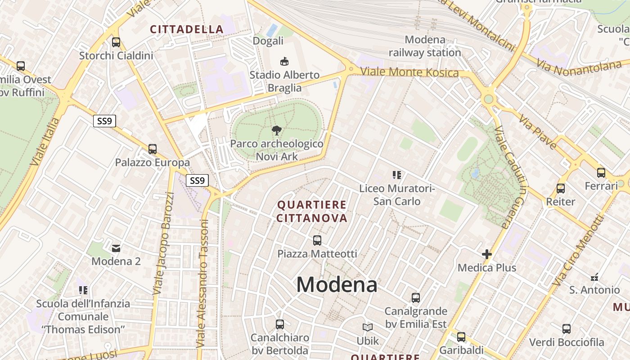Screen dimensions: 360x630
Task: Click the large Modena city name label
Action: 337,284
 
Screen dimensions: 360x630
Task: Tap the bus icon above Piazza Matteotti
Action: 317,240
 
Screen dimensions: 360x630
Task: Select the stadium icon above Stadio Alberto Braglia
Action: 284,61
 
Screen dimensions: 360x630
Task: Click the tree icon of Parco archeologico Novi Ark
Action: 277,130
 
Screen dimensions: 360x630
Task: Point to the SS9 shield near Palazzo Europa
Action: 105,121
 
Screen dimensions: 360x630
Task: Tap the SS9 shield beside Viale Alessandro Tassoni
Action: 197,180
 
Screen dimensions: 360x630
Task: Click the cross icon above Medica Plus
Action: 486,254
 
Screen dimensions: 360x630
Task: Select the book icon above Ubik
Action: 368,328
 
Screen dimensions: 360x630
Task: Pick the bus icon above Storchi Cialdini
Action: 116,42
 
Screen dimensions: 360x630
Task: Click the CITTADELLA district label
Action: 187,30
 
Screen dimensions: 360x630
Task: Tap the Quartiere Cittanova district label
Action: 312,211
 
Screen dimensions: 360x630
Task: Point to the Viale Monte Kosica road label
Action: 409,72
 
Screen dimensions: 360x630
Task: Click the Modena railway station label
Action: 425,46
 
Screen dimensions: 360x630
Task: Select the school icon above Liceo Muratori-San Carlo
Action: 396,175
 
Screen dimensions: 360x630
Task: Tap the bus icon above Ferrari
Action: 601,172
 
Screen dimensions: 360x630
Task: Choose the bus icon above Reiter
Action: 561,188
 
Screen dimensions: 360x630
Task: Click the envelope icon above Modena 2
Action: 116,247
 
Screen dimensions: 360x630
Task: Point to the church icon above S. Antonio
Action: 594,277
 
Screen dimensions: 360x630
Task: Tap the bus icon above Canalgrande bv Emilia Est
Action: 416,297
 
